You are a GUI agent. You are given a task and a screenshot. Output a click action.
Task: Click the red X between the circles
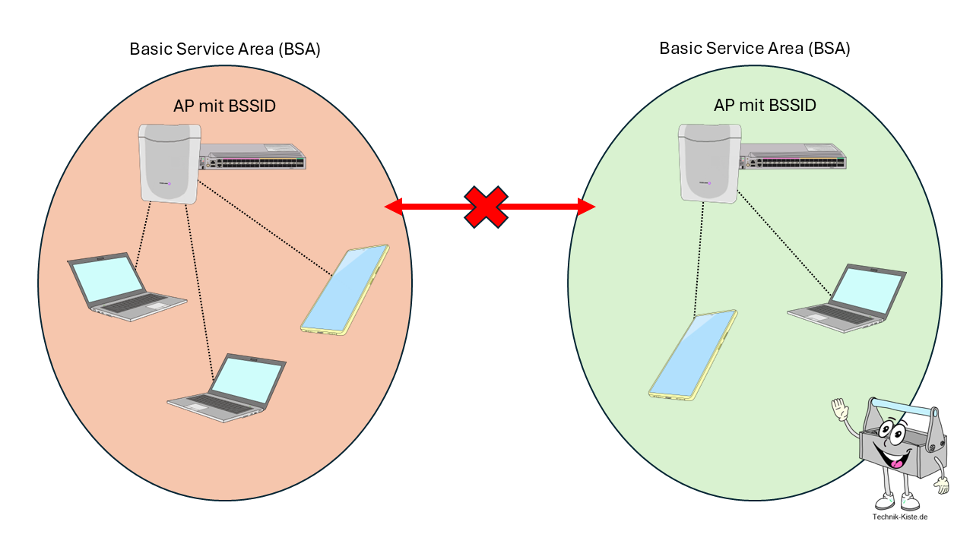point(486,207)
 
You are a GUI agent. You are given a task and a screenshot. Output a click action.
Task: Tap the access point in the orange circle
point(169,164)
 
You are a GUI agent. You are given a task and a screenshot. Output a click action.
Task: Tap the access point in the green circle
point(708,164)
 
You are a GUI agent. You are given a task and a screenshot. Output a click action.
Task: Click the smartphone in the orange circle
point(345,290)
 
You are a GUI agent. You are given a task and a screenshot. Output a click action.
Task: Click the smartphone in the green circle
point(693,354)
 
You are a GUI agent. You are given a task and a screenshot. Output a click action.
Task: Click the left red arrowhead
point(393,207)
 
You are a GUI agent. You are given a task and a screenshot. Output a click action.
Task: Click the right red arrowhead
point(586,207)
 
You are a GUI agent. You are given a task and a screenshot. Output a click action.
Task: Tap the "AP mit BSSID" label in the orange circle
point(224,106)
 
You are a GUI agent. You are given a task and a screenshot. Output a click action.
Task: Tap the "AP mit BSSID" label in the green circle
point(765,105)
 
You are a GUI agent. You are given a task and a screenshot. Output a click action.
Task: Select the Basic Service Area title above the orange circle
point(225,49)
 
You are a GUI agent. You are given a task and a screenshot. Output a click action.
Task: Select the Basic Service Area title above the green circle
point(755,49)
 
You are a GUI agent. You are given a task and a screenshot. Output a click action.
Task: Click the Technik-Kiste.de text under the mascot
point(900,517)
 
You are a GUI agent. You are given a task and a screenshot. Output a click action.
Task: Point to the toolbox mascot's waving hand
point(839,411)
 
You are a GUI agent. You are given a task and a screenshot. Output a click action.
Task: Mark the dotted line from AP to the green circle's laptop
point(784,247)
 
